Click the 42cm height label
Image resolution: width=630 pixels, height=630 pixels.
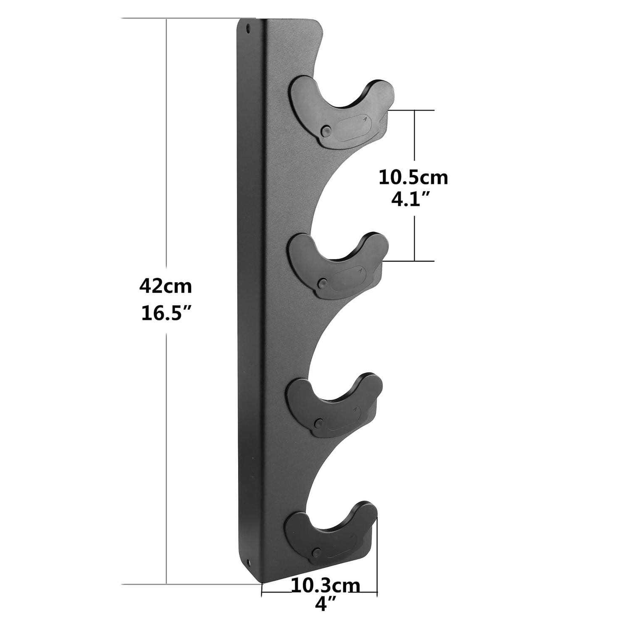coord(165,286)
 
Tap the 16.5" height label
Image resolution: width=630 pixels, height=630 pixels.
coord(166,313)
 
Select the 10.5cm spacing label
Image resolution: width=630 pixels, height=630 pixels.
coord(413,178)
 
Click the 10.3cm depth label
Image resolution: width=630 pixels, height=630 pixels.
coord(326,586)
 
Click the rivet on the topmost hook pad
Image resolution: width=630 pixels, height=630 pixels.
coord(324,131)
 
